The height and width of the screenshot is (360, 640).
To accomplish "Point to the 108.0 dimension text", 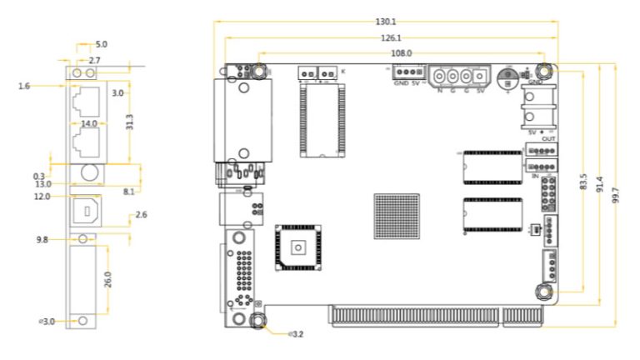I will [401, 52].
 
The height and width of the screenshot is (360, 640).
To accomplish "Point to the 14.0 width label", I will [87, 122].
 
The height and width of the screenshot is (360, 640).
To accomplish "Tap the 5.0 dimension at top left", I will [101, 44].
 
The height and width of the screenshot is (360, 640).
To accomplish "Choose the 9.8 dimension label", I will [42, 240].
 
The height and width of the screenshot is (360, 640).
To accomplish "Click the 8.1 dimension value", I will [128, 191].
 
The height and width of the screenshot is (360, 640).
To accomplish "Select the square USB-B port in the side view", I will [83, 211].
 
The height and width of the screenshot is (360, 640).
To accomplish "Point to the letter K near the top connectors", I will [343, 72].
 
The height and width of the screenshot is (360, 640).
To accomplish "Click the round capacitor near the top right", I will [507, 77].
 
